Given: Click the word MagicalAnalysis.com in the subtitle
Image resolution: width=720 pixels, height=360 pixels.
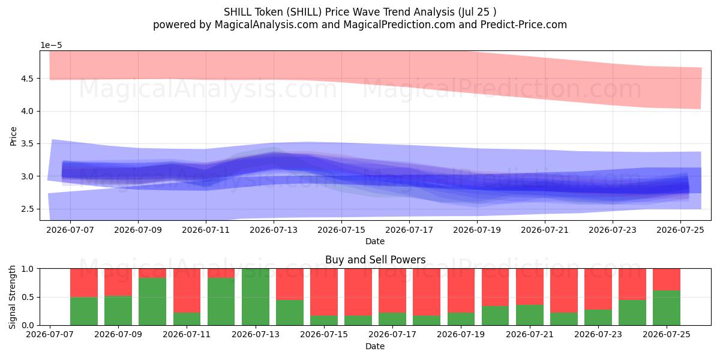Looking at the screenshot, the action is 266,25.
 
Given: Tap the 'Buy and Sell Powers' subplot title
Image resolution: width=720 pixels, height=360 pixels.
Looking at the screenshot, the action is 375,260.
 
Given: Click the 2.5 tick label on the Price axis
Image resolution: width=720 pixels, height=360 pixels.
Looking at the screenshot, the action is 28,209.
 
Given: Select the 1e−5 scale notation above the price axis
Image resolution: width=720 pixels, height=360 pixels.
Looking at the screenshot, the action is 51,46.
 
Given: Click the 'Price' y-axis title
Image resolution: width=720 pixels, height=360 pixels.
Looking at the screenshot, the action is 13,136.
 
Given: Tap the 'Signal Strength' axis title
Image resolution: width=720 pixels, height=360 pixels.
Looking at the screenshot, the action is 12,297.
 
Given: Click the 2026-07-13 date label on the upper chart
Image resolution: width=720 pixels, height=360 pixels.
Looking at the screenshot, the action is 274,230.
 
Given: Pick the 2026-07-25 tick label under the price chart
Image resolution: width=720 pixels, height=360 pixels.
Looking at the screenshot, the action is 680,230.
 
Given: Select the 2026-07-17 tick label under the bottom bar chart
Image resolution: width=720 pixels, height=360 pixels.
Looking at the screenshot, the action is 392,335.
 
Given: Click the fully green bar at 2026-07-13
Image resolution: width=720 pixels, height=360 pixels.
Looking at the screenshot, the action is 256,297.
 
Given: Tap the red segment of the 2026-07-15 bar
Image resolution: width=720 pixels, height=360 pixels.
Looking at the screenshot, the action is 324,292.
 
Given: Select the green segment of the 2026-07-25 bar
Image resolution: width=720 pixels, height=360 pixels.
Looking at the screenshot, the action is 667,308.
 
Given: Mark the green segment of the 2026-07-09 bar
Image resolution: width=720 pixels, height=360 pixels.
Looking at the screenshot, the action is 118,311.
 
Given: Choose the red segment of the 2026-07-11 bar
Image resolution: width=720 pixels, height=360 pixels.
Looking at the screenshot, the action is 187,290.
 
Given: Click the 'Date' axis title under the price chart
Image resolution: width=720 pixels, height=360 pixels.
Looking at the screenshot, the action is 375,241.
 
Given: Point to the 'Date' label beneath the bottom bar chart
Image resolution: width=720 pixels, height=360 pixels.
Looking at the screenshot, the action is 375,346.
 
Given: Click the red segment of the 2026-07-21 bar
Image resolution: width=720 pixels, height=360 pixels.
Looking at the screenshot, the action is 530,287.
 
